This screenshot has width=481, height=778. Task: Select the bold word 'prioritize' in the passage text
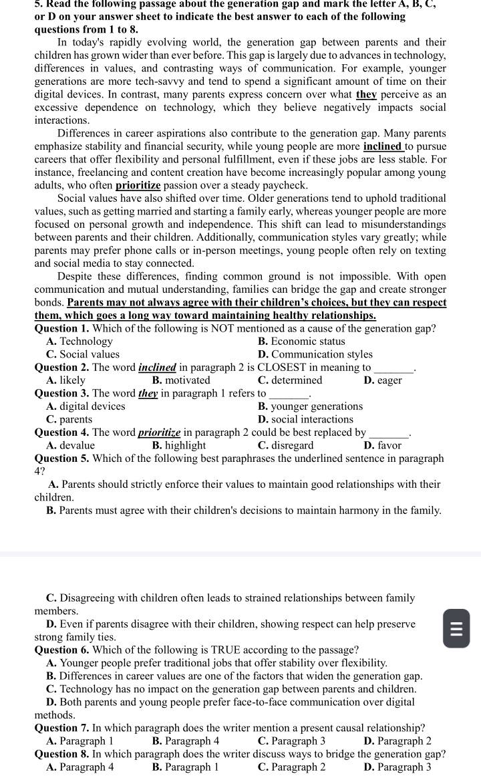(138, 185)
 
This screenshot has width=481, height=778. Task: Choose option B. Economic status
(301, 342)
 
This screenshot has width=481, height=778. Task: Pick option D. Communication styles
(315, 354)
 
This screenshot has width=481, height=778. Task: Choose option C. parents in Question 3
(69, 419)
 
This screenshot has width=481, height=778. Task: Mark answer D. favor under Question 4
(383, 445)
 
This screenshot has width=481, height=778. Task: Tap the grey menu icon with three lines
(456, 628)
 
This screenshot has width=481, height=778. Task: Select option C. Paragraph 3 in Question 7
(291, 741)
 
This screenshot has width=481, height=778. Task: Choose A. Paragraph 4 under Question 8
(80, 767)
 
